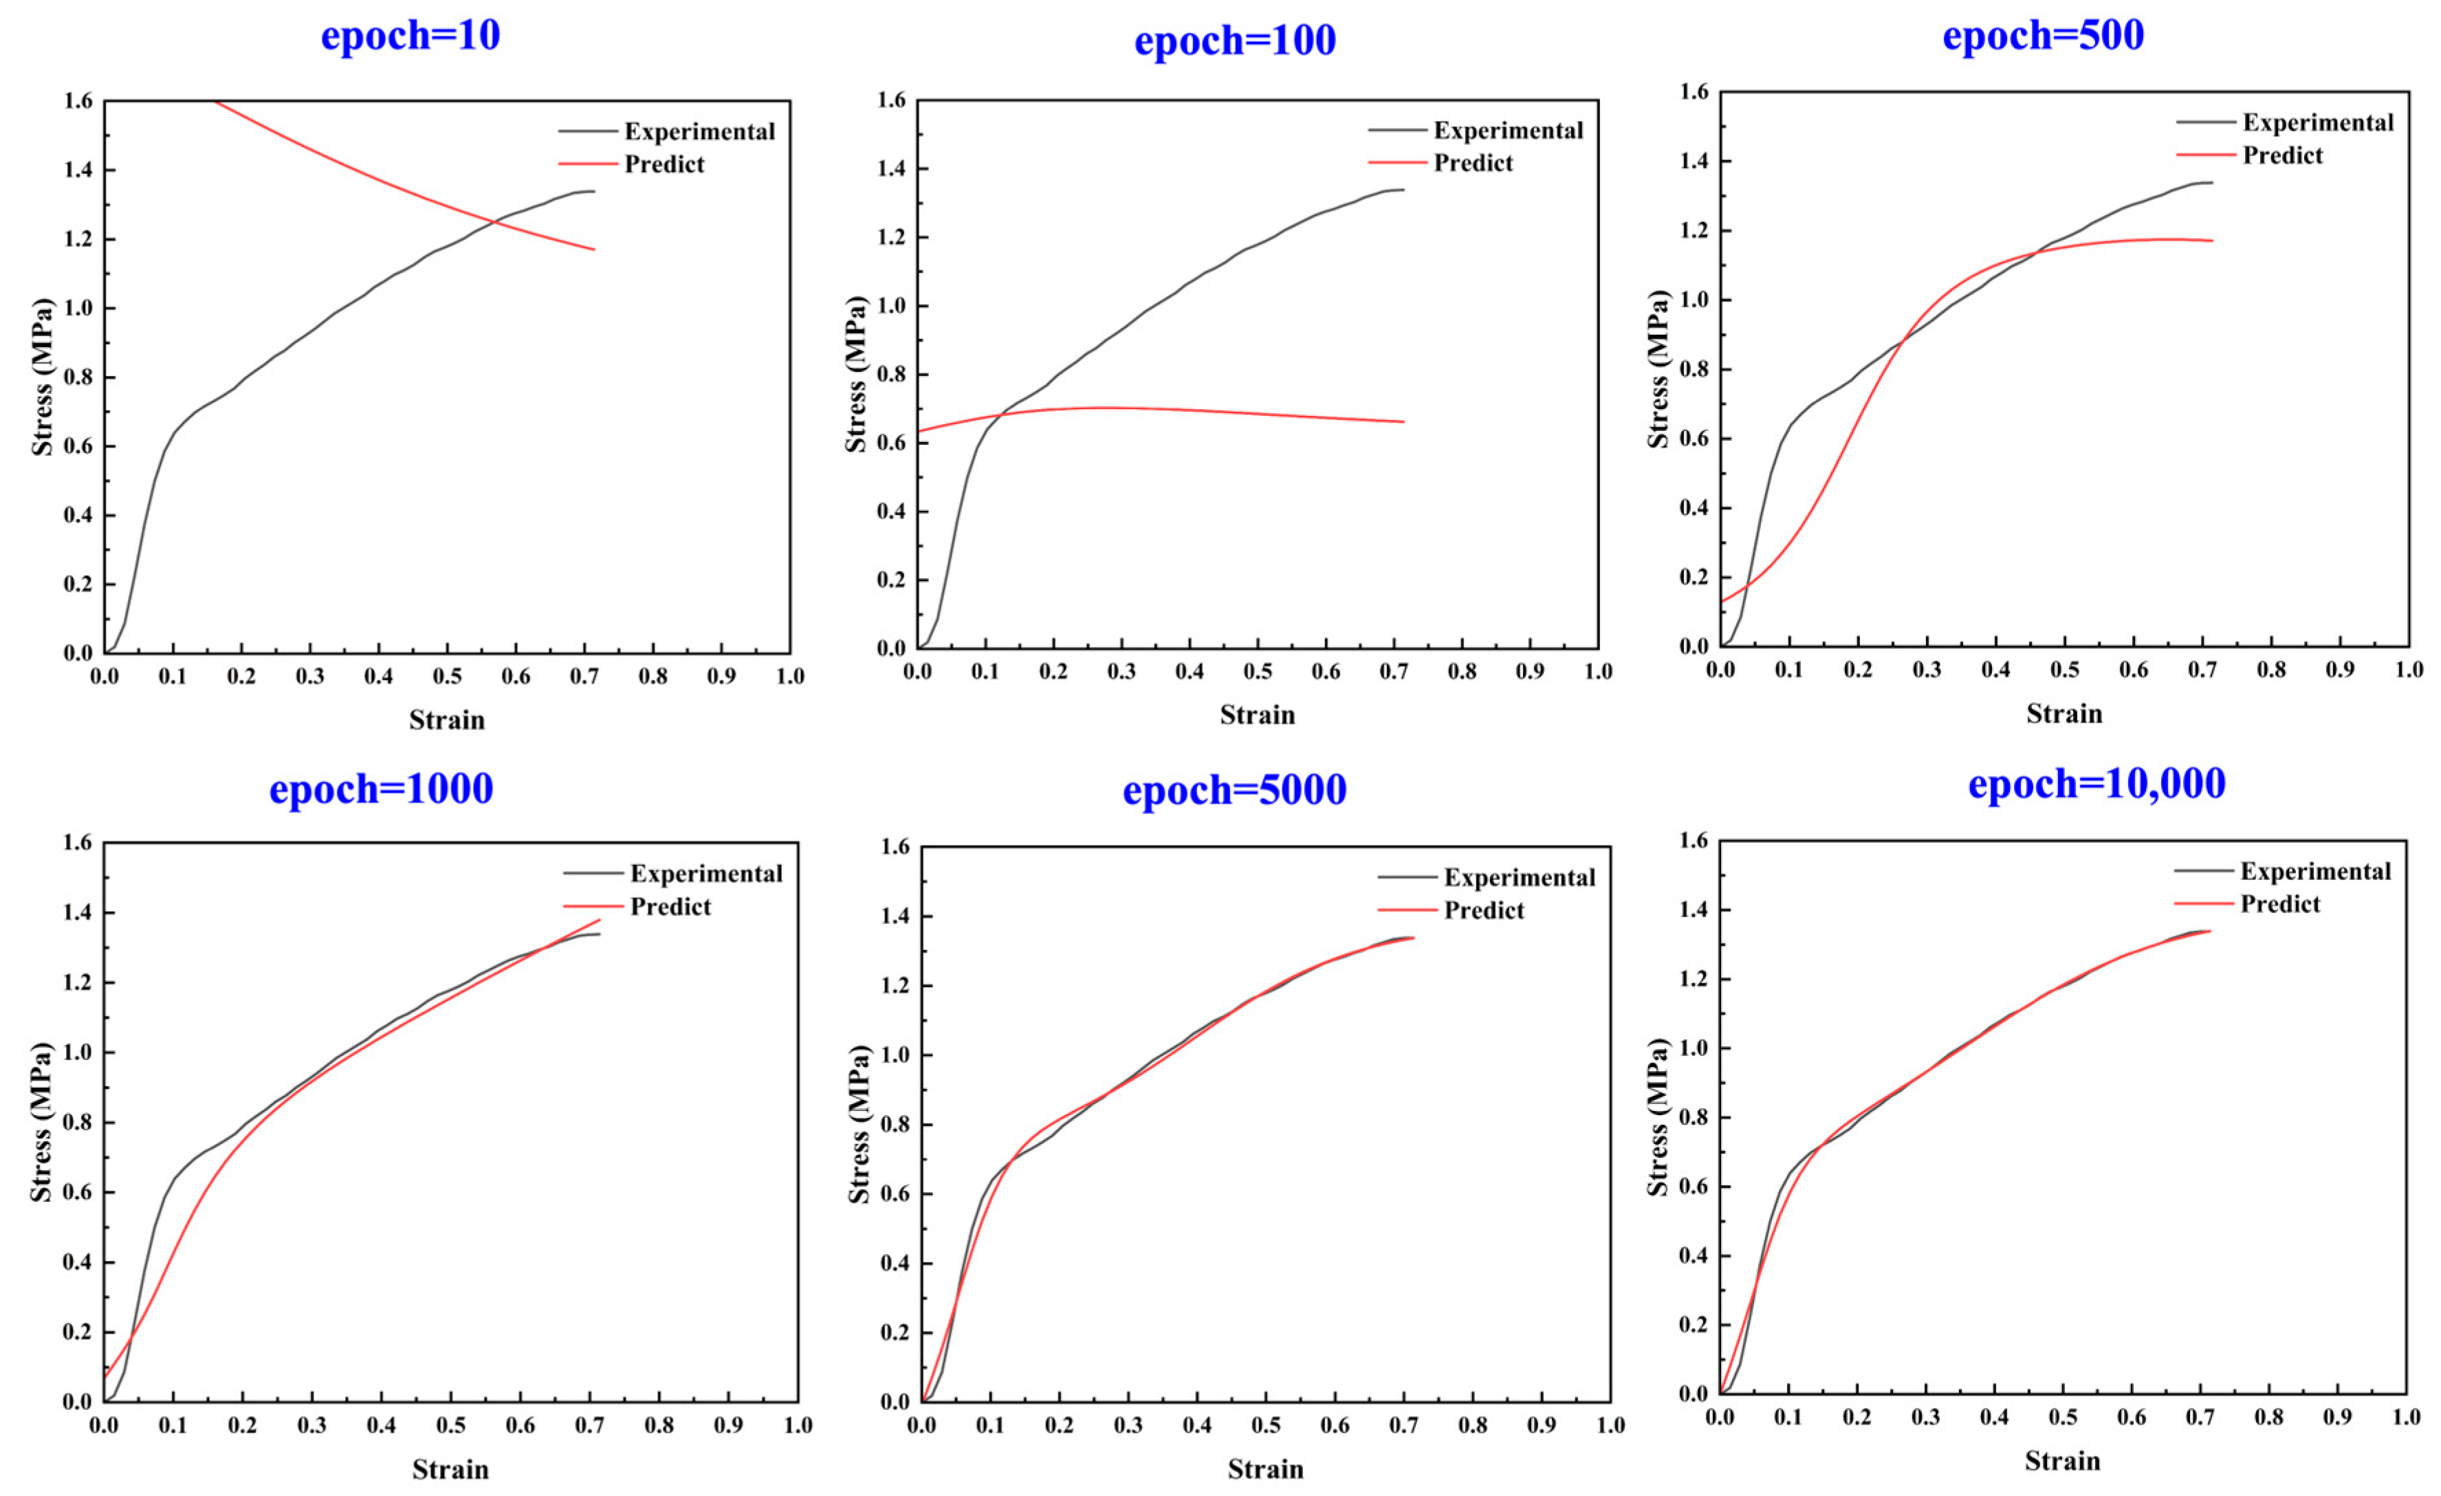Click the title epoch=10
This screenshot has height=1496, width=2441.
click(410, 36)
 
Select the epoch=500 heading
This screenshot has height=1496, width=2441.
click(2043, 36)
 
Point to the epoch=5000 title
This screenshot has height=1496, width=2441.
click(1234, 791)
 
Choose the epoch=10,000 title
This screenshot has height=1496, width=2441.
click(2097, 784)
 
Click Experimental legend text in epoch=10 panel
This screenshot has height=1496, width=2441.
click(699, 132)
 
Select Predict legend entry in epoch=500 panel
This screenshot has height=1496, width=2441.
click(2282, 155)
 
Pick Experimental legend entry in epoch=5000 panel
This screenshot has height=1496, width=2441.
click(1519, 878)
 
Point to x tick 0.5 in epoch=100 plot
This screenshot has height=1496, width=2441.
click(1257, 672)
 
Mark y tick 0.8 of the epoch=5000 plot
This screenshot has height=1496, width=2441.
click(895, 1125)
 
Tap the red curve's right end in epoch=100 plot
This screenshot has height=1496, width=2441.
click(1403, 422)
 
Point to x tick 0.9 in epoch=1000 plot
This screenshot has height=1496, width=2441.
click(728, 1426)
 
